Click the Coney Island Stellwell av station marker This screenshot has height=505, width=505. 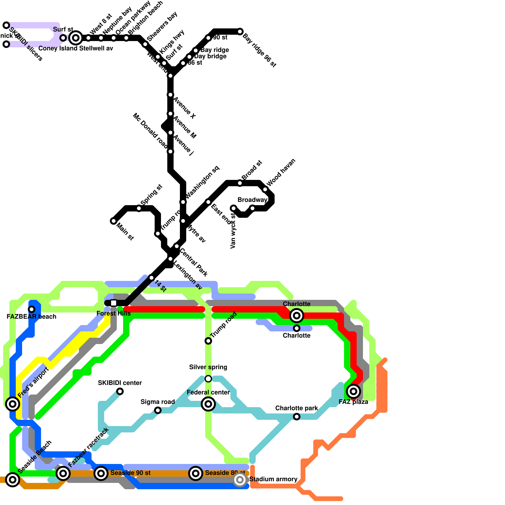[76, 38]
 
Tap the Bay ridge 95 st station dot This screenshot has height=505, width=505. [240, 32]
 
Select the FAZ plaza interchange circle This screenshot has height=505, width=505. [353, 391]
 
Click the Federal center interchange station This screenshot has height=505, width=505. [208, 404]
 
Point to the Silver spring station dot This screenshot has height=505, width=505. [208, 379]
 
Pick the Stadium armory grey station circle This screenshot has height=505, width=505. [240, 480]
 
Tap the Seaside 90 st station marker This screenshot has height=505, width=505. [101, 473]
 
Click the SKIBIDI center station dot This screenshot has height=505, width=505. [120, 391]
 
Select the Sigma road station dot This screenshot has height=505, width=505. [158, 410]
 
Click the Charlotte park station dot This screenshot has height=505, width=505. [297, 417]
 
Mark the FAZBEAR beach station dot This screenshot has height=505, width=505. [32, 309]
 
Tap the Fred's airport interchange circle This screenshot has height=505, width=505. [13, 404]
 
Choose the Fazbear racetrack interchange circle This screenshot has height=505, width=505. [63, 473]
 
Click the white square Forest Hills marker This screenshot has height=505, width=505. [114, 303]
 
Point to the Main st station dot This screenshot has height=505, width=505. [114, 221]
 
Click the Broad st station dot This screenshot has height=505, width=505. [240, 183]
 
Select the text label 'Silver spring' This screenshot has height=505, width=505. [208, 367]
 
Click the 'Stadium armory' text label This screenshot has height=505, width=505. [273, 479]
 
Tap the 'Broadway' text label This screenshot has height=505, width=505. [252, 200]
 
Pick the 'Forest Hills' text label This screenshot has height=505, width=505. [114, 313]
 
